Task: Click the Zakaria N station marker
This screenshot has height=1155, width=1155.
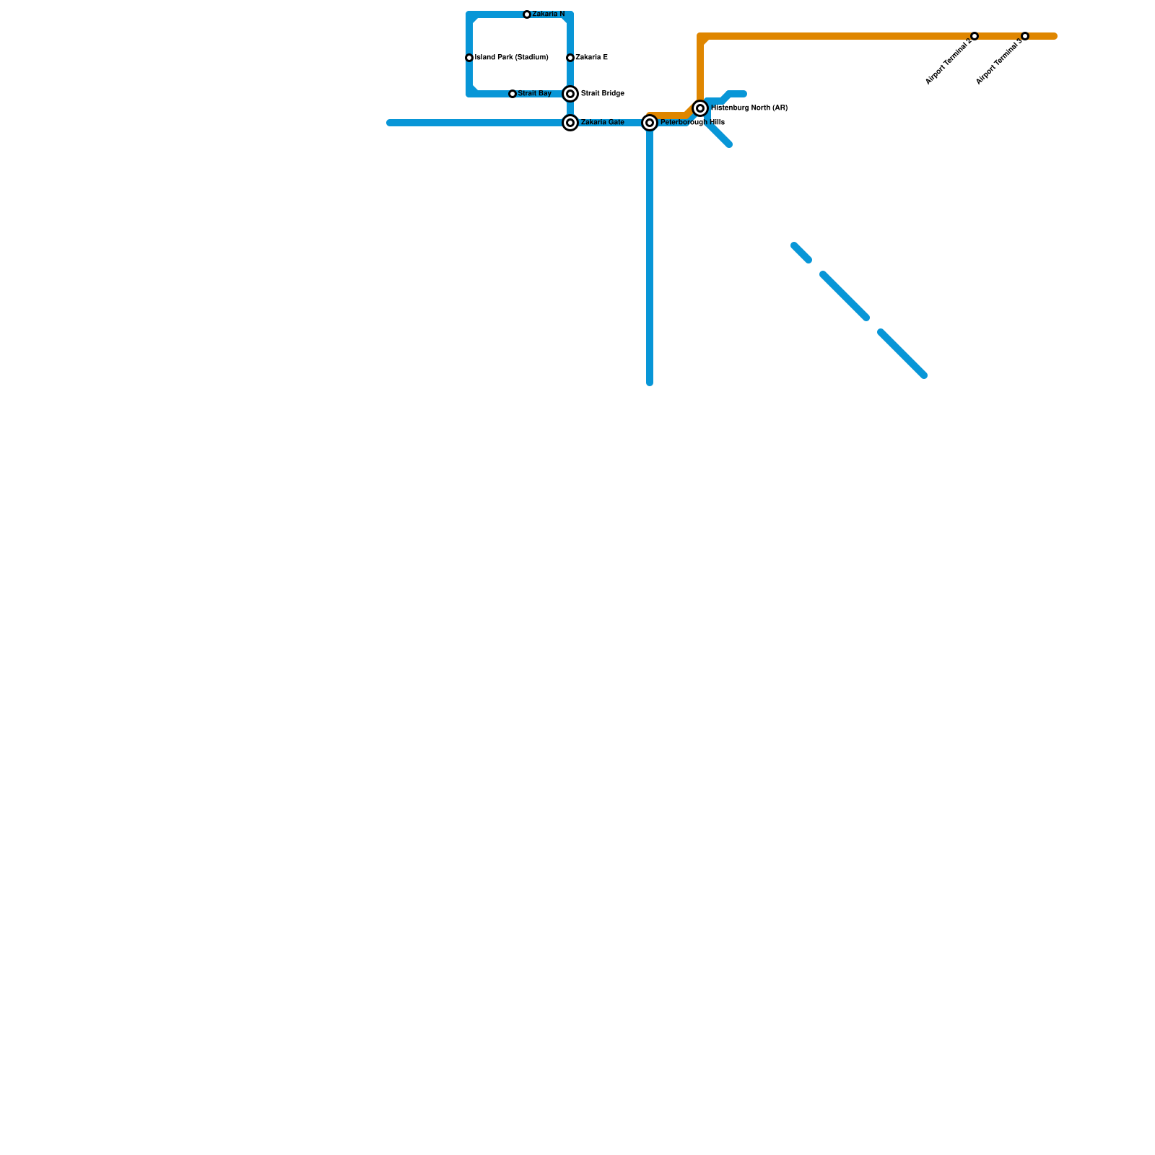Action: click(527, 14)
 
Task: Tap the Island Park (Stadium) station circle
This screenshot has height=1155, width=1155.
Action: click(469, 58)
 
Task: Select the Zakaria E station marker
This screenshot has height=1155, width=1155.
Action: click(570, 58)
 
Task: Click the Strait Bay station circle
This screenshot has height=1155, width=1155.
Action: click(513, 94)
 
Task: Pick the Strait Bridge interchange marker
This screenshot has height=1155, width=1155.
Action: click(570, 94)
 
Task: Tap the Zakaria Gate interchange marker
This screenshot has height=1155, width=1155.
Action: click(570, 123)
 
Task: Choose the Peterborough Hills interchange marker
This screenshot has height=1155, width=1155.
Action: click(650, 123)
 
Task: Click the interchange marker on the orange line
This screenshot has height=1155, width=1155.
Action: click(700, 108)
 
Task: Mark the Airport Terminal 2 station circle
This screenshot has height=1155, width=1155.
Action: click(975, 36)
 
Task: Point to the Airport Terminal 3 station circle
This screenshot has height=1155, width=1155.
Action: click(1025, 36)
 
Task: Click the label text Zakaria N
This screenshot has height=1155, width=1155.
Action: click(549, 14)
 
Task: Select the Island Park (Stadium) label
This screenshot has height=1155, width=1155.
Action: click(512, 58)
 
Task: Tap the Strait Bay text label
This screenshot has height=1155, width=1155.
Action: click(535, 94)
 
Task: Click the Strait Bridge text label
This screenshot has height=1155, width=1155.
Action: click(603, 94)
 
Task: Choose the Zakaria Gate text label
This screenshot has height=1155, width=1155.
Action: click(603, 123)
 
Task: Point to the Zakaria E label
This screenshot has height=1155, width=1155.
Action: click(592, 58)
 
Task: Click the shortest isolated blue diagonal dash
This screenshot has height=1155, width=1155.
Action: click(801, 253)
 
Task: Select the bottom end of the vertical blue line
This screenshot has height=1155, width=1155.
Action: click(650, 382)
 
